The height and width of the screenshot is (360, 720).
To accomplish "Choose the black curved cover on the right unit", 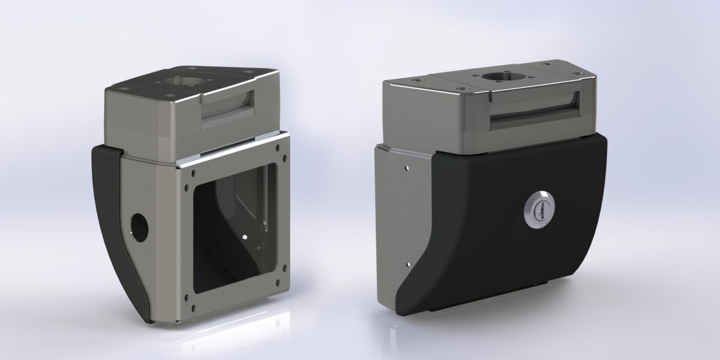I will (x=505, y=253).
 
